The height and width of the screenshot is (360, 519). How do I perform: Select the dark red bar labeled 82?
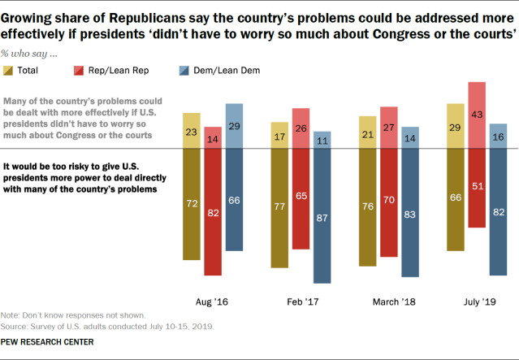click(x=213, y=212)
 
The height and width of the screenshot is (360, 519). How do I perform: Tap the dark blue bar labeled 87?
click(x=322, y=216)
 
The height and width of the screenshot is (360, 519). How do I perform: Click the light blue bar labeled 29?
click(x=234, y=127)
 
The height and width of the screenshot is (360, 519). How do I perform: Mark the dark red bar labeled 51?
click(x=478, y=189)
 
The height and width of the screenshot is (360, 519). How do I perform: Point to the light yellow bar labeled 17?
click(x=279, y=136)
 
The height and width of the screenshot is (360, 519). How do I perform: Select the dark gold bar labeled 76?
click(x=367, y=208)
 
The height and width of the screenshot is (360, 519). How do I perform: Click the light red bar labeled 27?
click(x=389, y=128)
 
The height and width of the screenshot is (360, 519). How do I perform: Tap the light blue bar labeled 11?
click(x=322, y=141)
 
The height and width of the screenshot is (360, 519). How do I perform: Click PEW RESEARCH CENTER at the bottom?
click(x=47, y=342)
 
